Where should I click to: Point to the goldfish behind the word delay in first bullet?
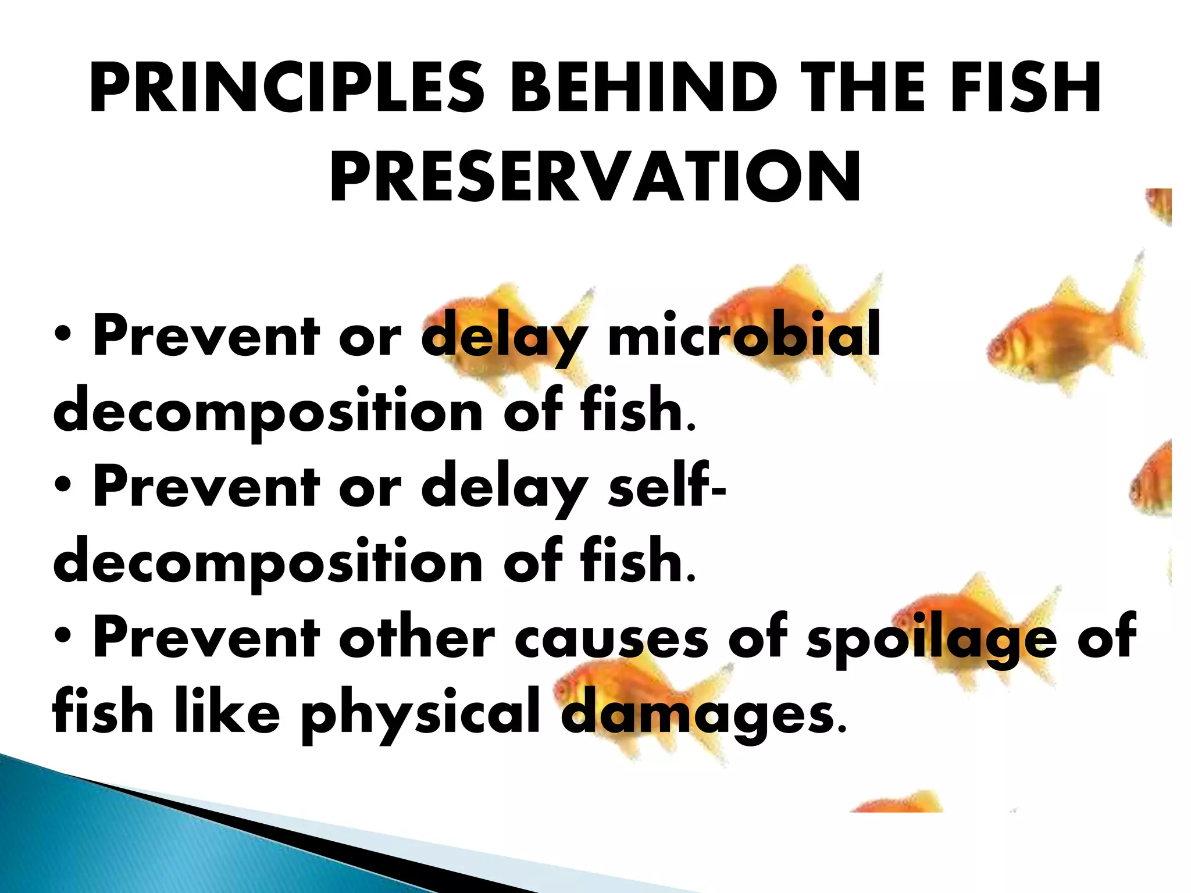coord(500,331)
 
